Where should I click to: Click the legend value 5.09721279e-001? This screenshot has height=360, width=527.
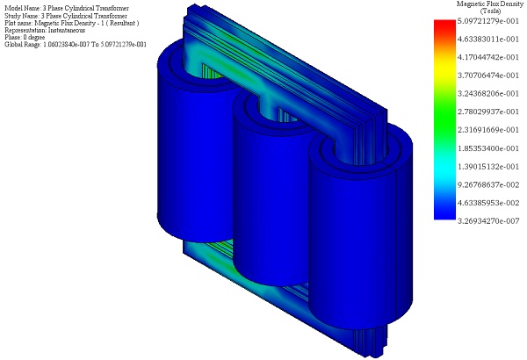488,21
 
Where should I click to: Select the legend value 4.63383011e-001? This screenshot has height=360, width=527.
488,40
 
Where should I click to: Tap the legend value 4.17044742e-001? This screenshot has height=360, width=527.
488,57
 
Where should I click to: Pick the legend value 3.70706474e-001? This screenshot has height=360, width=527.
488,76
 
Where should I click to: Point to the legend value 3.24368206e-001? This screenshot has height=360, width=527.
488,94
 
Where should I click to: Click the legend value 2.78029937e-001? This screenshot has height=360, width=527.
488,112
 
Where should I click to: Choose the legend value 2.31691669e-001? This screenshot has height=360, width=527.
488,130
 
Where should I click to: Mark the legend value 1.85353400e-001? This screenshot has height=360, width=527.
488,148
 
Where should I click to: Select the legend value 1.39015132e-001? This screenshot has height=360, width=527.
488,167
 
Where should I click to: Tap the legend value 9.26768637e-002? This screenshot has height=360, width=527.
488,185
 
